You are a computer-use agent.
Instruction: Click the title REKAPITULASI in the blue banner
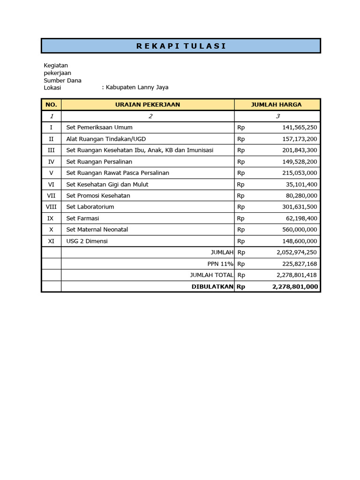pos(181,46)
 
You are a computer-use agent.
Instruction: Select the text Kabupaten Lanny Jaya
pos(136,87)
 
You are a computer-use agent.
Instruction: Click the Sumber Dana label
pos(62,80)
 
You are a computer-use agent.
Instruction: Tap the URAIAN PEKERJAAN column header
pos(148,105)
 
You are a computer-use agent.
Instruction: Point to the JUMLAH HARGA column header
pos(277,105)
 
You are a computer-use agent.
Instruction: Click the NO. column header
pos(51,105)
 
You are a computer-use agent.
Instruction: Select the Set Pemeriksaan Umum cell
pos(99,127)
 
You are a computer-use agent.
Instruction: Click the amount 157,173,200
pos(300,139)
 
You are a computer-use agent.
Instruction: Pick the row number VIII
pos(51,207)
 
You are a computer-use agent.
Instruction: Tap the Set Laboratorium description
pos(90,207)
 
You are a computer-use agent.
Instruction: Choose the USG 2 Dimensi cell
pos(87,241)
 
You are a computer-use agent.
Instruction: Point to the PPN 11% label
pos(220,263)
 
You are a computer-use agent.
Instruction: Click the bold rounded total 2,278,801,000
pos(294,286)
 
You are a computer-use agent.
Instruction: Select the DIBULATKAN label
pos(212,286)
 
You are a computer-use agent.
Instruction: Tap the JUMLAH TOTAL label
pos(211,275)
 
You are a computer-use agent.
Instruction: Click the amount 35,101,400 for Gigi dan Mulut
pos(301,184)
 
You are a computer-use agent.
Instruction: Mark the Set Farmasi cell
pos(82,218)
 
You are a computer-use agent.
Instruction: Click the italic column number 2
pos(150,116)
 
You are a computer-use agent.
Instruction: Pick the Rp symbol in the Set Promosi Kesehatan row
pos(241,195)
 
